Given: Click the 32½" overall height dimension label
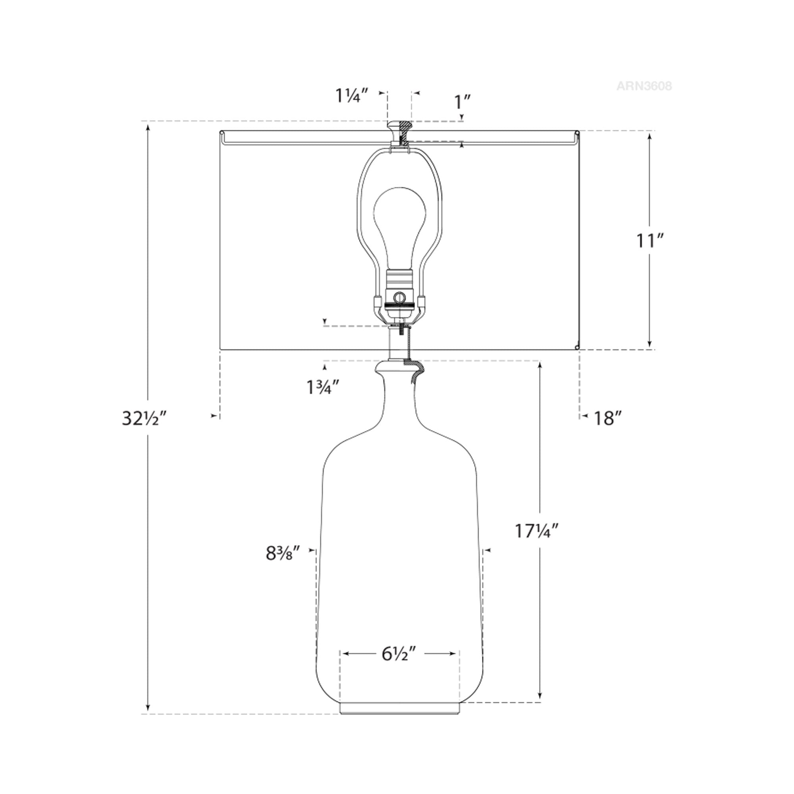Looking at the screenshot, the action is coord(144,418).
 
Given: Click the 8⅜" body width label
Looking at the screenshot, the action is coord(284,553).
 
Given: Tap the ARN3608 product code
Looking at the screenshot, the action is coord(644,86).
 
